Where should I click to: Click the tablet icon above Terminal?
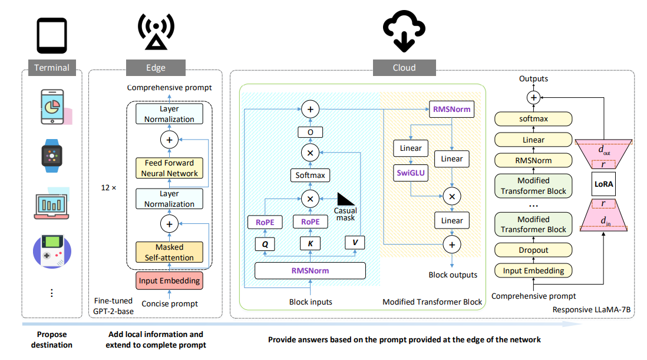tap(52, 36)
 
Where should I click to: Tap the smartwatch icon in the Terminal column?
tap(52, 156)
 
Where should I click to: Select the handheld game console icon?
tap(52, 252)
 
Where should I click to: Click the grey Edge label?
tap(156, 67)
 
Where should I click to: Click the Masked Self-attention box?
tap(169, 252)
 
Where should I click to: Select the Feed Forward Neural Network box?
tap(169, 167)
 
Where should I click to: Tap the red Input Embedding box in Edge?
tap(169, 280)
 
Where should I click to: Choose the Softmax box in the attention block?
tap(310, 176)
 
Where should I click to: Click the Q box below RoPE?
tap(265, 243)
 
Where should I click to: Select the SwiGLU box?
tap(410, 173)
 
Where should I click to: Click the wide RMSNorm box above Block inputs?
tap(310, 270)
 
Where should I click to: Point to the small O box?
tap(310, 132)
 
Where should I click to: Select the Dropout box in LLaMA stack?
tap(533, 250)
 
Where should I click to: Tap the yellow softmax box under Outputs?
tap(533, 119)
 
